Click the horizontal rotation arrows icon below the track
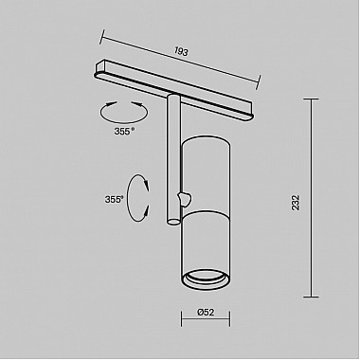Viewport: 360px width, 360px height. [x=124, y=115]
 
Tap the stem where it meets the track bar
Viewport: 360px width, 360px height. [x=171, y=97]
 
